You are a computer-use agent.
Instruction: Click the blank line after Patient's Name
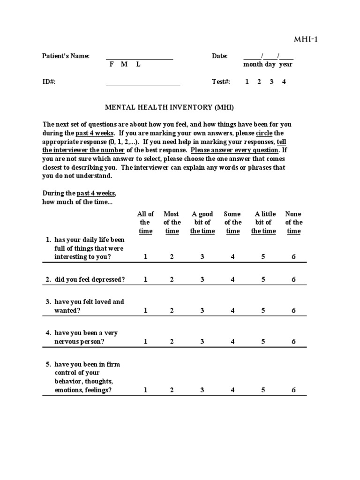(x=139, y=59)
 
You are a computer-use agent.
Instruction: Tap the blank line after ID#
(x=143, y=84)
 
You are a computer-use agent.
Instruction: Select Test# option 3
(x=271, y=82)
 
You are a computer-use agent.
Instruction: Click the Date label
(x=220, y=56)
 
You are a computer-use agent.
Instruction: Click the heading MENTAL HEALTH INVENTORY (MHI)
(x=169, y=107)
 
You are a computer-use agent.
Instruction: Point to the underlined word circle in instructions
(x=264, y=133)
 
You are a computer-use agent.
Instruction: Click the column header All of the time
(x=145, y=223)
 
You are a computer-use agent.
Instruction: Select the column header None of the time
(x=293, y=223)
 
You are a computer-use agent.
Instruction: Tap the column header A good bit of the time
(x=202, y=223)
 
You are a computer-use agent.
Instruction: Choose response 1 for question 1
(x=145, y=257)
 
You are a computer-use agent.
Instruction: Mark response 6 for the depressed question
(x=293, y=279)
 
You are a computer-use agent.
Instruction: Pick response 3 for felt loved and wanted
(x=202, y=310)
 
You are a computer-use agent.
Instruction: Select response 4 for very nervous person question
(x=232, y=341)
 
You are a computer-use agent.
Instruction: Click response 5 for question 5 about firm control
(x=263, y=390)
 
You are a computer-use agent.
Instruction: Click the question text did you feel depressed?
(x=90, y=279)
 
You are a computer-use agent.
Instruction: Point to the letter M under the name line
(x=124, y=65)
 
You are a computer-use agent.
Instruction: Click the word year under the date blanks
(x=285, y=65)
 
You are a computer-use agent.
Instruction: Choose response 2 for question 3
(x=172, y=310)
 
